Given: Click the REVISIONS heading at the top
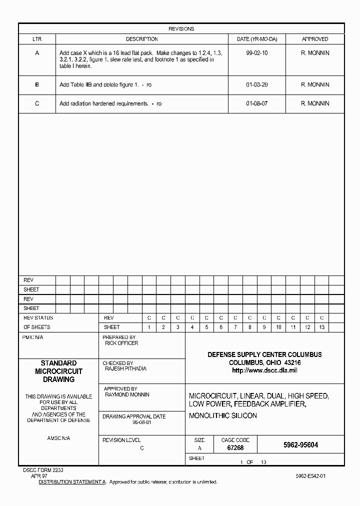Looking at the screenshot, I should click(x=181, y=29).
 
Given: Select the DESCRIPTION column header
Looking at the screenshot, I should click(x=141, y=39).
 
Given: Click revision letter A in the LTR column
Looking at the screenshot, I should click(x=37, y=52).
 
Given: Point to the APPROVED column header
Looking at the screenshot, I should click(x=315, y=39).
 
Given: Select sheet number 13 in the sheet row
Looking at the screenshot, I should click(x=321, y=327).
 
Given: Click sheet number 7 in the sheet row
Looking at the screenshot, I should click(x=235, y=327).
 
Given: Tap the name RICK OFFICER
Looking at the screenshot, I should click(x=121, y=343).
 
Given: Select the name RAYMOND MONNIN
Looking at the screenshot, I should click(x=127, y=394).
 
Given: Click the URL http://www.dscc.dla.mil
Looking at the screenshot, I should click(x=264, y=370).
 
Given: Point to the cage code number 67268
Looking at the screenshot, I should click(x=235, y=448).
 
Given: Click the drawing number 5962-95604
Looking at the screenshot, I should click(x=300, y=445).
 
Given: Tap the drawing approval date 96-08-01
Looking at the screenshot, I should click(x=141, y=422).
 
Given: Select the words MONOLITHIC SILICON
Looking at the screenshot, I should click(x=223, y=415).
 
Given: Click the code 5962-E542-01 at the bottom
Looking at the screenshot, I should click(x=310, y=476).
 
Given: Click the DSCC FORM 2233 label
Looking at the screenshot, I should click(x=43, y=470).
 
